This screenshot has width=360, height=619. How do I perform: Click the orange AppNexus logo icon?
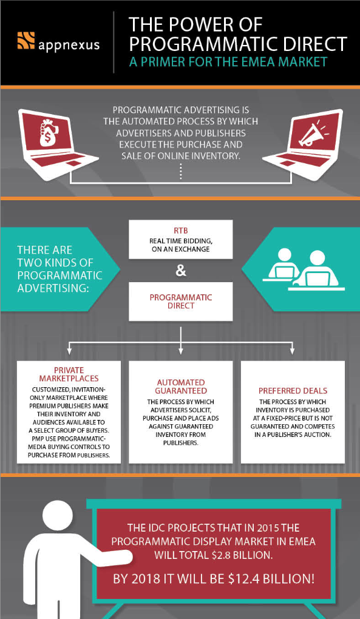(x=26, y=41)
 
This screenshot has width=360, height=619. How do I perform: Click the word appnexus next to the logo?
(x=69, y=45)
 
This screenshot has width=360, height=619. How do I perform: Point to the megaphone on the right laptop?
(x=311, y=134)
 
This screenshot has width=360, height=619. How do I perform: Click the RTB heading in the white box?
(x=180, y=231)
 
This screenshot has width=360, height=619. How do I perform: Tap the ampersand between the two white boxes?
(x=180, y=272)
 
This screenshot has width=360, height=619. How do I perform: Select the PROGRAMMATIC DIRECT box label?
(x=180, y=301)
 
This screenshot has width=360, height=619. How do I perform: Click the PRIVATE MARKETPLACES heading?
(x=69, y=374)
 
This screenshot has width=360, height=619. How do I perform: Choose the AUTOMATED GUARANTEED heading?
(x=182, y=387)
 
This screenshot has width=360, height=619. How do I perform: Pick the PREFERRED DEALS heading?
(x=293, y=391)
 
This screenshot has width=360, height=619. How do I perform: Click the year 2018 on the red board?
(x=144, y=580)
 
